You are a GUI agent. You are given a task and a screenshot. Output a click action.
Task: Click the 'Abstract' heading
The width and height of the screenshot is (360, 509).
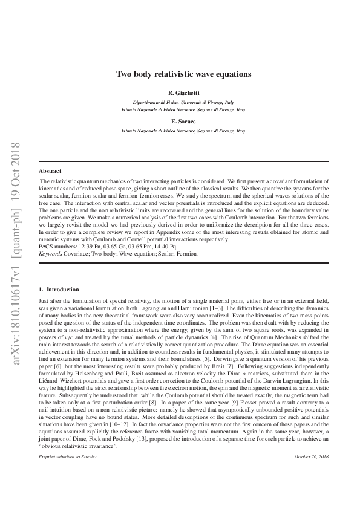(50, 171)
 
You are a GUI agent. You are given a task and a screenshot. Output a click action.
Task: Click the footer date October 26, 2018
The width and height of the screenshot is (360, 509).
(311, 491)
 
